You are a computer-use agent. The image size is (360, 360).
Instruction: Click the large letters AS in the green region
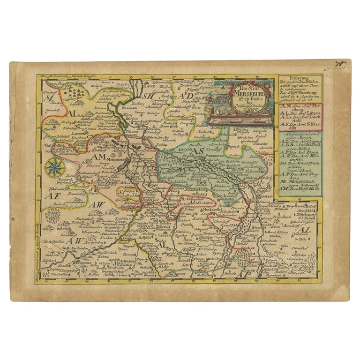coord(198,151)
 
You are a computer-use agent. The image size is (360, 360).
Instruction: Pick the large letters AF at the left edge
coord(48,196)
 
